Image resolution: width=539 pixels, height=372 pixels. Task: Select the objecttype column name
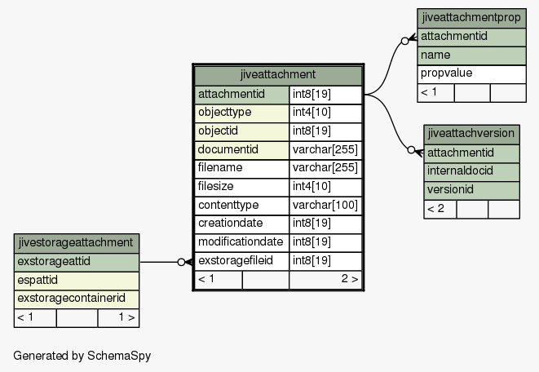pos(241,113)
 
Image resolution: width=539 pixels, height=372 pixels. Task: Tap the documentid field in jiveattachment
pos(241,150)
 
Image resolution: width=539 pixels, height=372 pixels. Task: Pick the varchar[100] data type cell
pos(325,206)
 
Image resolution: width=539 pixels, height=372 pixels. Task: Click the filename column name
pos(241,169)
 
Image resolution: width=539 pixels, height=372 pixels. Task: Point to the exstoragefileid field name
pos(241,261)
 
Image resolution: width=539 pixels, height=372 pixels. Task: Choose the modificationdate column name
pos(241,243)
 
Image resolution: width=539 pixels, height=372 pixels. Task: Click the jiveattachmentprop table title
pos(471,18)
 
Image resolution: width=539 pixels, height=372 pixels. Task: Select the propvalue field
pos(471,74)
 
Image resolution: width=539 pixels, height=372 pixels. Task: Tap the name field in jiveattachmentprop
pos(471,55)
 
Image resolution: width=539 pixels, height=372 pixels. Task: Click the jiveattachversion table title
pos(471,134)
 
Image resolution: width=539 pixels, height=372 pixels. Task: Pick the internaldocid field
pos(471,171)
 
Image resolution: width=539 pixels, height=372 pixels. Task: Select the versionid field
pos(471,190)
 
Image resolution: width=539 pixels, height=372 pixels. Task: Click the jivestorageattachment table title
pos(77,243)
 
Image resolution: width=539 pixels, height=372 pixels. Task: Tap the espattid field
pos(77,281)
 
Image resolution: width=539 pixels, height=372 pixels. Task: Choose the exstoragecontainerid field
pos(77,299)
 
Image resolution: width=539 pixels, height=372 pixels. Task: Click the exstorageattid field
pos(77,262)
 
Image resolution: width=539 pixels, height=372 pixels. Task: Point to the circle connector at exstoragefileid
pos(181,262)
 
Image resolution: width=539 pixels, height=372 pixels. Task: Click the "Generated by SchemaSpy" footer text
pos(82,356)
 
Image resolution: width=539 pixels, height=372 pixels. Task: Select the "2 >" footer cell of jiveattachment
pos(325,280)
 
